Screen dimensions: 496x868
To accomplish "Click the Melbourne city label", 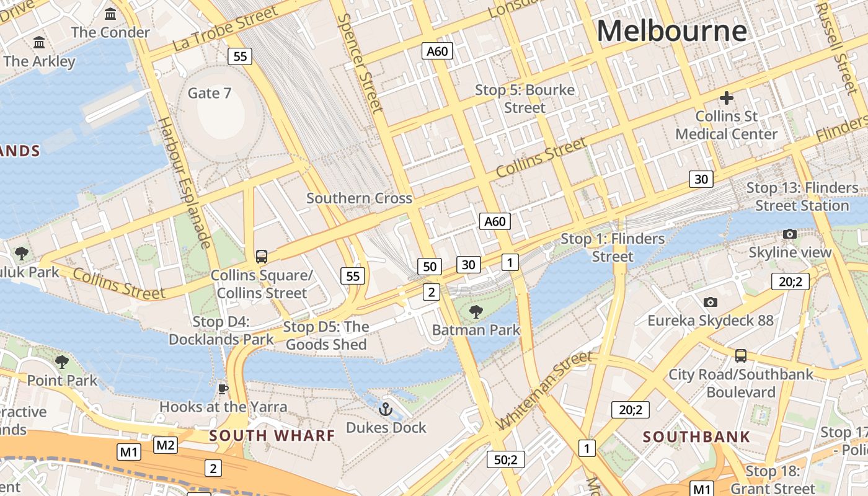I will [671, 31].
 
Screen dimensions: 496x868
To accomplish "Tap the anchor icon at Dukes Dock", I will [386, 409].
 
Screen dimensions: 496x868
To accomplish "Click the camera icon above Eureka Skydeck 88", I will [711, 302].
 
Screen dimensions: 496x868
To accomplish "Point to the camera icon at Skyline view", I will [789, 234].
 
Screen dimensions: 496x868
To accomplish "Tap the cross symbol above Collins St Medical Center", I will [726, 98].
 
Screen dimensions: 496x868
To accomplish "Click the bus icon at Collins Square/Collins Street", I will [262, 256].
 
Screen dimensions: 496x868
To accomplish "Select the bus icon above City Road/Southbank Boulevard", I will [740, 356].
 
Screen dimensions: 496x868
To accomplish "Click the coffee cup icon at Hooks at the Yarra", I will [223, 389].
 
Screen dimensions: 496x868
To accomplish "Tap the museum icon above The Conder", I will [110, 14].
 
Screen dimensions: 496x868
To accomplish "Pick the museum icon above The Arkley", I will [39, 43].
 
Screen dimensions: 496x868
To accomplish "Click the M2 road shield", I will [166, 445].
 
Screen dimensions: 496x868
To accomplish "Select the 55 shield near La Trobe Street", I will [240, 56].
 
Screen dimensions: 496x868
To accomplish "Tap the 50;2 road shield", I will [506, 459].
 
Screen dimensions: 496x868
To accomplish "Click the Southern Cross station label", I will [359, 198].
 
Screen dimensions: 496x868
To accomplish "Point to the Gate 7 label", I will [210, 93].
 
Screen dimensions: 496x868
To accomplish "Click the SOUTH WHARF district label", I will [272, 435].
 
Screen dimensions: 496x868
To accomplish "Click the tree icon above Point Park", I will [61, 361].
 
